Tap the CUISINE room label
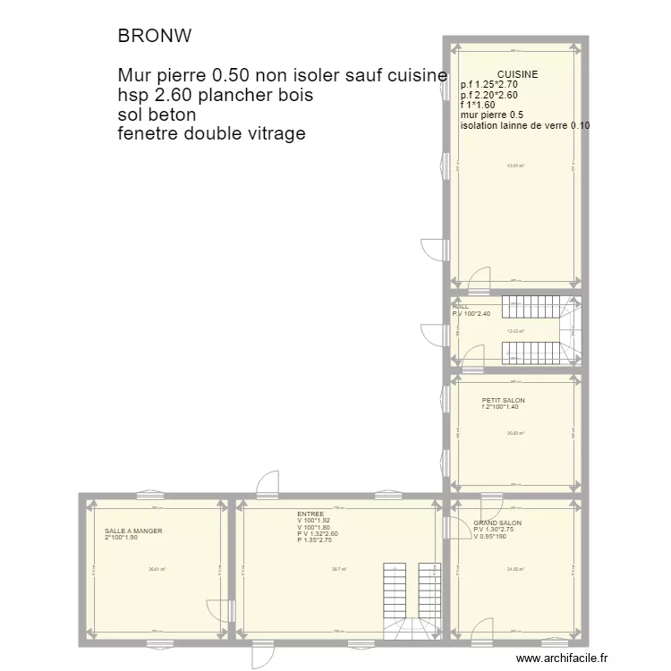coord(518,74)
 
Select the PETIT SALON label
coord(503,400)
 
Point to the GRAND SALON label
coord(497,522)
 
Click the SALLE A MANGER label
coord(133,531)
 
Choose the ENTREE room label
coord(310,514)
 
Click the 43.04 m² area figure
coord(516,166)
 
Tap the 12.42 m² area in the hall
coord(515,331)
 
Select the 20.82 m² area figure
coord(515,433)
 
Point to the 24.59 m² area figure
coord(515,569)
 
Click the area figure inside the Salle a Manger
coord(157,569)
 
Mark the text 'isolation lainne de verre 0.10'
coord(525,125)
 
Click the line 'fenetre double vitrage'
coord(211,134)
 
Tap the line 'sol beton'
coord(157,115)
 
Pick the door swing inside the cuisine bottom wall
coord(480,277)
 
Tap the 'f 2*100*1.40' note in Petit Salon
coord(500,407)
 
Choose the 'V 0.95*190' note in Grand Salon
coord(490,537)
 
